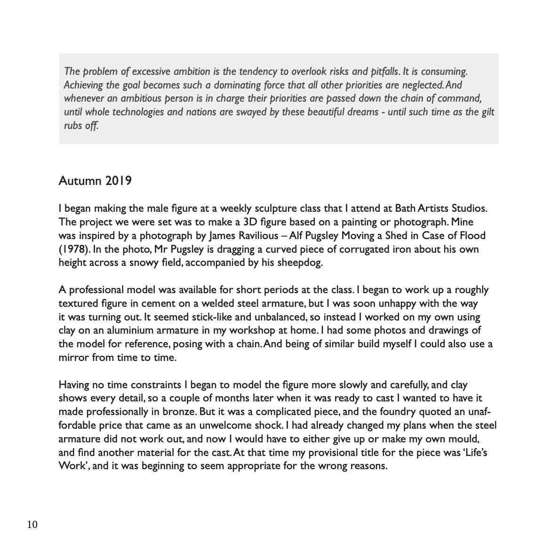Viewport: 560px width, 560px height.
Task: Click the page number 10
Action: [x=32, y=525]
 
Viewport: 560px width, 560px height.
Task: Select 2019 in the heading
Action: [x=118, y=181]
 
